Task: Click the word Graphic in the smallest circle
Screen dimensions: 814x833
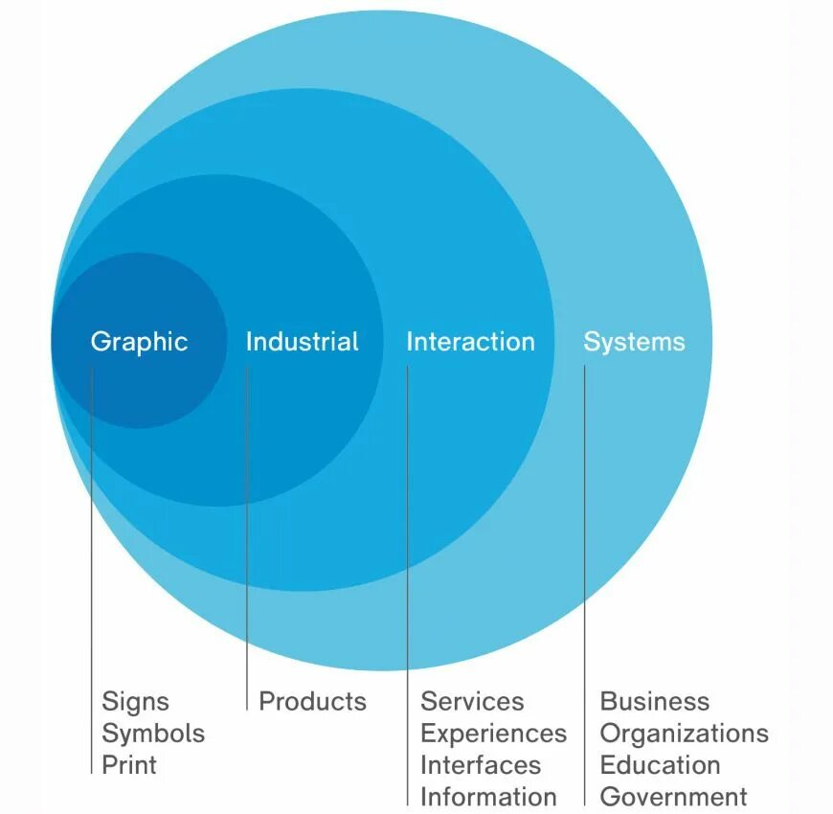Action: pos(139,342)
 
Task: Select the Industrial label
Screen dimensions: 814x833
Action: pos(302,342)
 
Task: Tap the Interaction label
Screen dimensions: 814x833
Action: pos(470,342)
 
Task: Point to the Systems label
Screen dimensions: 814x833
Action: pos(634,342)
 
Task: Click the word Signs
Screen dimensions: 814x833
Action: pos(135,702)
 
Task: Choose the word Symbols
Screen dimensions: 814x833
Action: pos(153,734)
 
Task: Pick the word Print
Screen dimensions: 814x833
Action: pos(129,765)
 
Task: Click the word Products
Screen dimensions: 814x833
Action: pos(312,702)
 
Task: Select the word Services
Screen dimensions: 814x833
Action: pos(472,702)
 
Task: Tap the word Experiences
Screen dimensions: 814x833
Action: pos(493,734)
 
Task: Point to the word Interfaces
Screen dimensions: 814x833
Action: pos(481,765)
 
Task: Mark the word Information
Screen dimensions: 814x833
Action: pos(488,797)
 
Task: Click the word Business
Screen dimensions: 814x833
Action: pos(655,702)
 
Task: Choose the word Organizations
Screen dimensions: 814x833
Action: pos(684,734)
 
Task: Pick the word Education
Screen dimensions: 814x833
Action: pos(660,765)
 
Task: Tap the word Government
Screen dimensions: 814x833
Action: pos(673,797)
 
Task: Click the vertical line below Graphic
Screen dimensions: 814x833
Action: pos(92,575)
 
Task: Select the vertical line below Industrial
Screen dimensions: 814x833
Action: pos(247,536)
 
